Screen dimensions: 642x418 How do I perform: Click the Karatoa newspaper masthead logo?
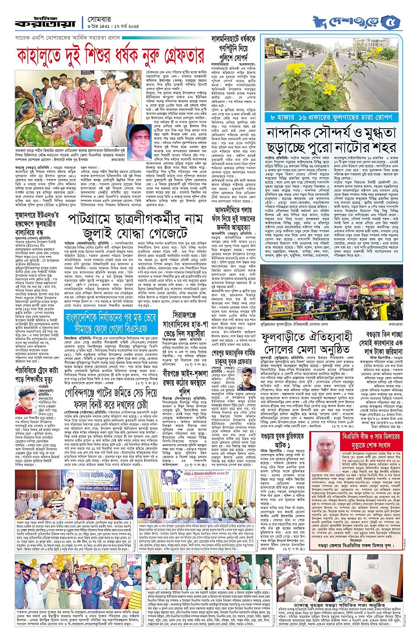pyautogui.click(x=45, y=22)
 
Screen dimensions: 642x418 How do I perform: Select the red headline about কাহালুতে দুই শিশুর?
pyautogui.click(x=111, y=56)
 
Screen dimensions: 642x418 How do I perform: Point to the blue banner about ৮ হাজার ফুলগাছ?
pyautogui.click(x=332, y=117)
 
